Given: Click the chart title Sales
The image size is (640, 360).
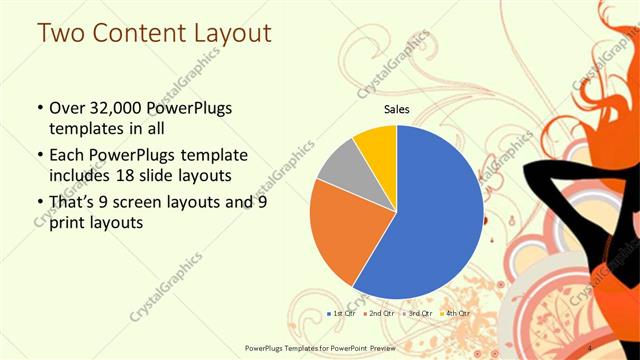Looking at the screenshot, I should pos(398,110).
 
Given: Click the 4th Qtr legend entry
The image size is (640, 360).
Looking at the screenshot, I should pos(457,313).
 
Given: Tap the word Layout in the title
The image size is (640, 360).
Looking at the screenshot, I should pos(233,32).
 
